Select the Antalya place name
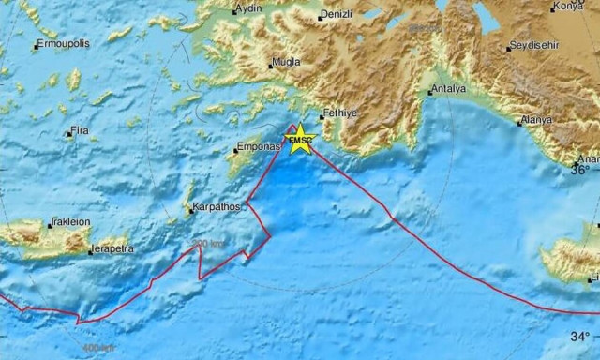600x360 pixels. point(446,90)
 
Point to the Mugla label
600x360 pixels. point(284,63)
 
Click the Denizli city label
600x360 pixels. point(335,15)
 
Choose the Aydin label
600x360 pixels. point(249,9)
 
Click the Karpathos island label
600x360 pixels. point(217,206)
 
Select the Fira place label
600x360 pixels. point(82,131)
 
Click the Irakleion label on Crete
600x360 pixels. point(72,222)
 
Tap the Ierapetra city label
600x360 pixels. point(112,249)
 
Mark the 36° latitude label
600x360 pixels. point(581,170)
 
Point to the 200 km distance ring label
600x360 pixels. point(208,244)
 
